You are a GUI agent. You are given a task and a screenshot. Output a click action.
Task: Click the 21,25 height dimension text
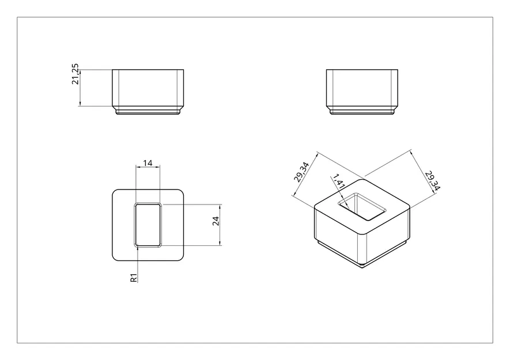75,78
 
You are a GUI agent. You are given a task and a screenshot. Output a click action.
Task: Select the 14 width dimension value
148,163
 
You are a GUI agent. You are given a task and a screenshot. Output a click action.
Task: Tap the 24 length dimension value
216,222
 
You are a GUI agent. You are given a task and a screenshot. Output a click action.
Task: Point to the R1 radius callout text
134,278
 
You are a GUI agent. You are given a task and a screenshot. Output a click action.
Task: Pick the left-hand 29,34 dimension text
301,172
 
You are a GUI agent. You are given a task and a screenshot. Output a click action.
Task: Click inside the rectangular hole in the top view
148,225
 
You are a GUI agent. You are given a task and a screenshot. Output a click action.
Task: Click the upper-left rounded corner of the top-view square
115,192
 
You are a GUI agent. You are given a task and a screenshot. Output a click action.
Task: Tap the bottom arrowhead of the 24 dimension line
220,244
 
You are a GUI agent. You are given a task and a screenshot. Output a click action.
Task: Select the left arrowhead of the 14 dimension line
137,168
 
